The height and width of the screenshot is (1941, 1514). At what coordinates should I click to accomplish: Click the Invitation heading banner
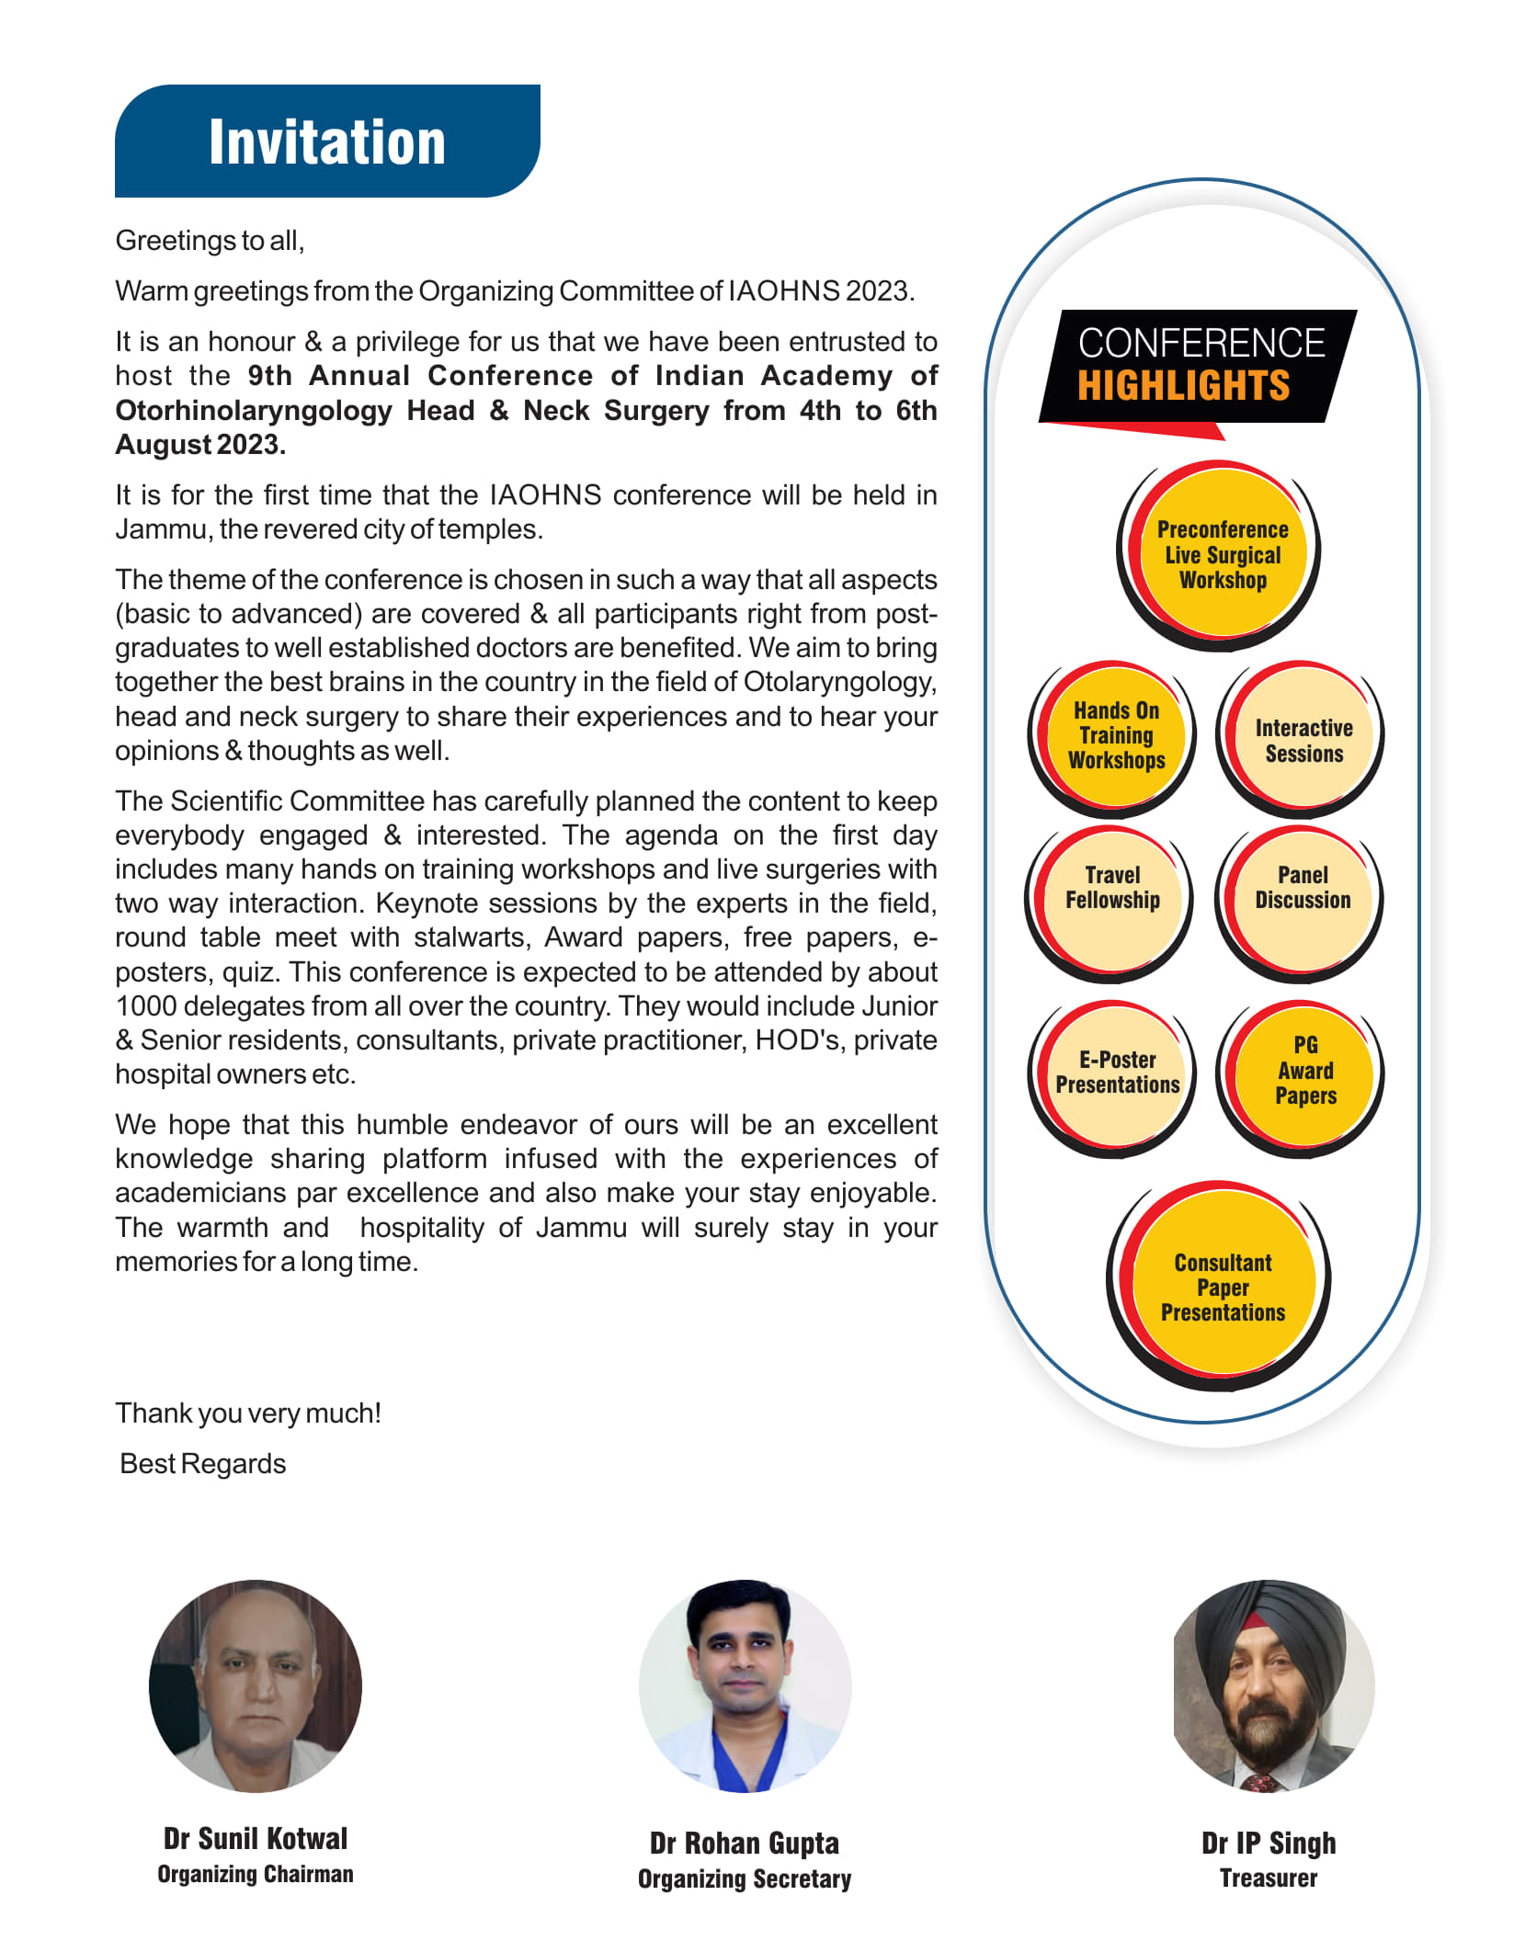click(327, 142)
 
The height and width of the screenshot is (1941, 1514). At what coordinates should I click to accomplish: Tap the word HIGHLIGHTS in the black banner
click(1183, 386)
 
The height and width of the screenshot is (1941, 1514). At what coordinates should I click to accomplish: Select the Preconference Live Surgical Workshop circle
click(1222, 555)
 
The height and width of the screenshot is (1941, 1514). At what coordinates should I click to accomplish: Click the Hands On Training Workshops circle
click(1116, 735)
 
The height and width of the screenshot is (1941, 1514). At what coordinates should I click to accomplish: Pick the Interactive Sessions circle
click(1303, 740)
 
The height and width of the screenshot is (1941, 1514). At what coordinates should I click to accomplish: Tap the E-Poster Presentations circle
click(1117, 1073)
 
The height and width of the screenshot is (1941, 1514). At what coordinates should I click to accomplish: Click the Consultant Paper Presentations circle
click(1223, 1287)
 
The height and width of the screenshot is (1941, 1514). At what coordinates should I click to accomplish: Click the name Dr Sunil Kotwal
click(256, 1838)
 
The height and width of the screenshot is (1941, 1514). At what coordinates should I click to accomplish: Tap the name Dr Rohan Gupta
click(745, 1843)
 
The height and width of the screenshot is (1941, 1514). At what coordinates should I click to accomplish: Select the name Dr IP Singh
click(1269, 1843)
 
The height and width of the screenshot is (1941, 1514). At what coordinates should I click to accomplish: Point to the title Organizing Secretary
click(745, 1879)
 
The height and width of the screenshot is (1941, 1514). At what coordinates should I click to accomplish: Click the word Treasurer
click(1269, 1879)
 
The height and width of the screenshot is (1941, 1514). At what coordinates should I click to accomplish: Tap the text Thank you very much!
click(248, 1413)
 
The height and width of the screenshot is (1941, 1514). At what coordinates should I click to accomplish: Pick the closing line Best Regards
click(203, 1463)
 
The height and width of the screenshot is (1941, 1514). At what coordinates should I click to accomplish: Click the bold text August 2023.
click(200, 445)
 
